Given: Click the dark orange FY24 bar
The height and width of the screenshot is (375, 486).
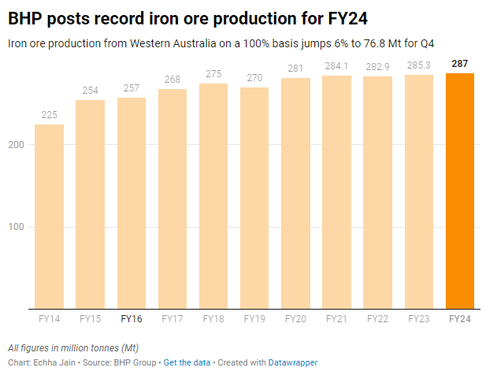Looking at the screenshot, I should (460, 189).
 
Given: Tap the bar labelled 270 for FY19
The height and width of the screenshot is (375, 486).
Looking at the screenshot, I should (254, 197).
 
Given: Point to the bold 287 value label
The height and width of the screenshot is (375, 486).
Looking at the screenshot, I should (460, 63).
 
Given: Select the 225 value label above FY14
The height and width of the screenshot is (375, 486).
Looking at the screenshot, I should (49, 115).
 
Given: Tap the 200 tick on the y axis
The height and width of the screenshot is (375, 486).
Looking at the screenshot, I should (18, 145).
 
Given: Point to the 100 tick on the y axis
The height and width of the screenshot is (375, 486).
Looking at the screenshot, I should (18, 227).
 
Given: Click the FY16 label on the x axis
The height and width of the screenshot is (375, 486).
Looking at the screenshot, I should (132, 319).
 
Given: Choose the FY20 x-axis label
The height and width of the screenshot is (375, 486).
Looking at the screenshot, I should (295, 319).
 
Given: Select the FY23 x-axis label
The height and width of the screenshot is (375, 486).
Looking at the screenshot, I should (418, 319).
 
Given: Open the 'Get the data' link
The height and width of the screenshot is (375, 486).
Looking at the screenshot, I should (187, 362).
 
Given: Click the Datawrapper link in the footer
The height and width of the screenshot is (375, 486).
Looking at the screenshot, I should (294, 362).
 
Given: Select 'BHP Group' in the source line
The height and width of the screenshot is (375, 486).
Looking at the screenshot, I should (134, 362).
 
